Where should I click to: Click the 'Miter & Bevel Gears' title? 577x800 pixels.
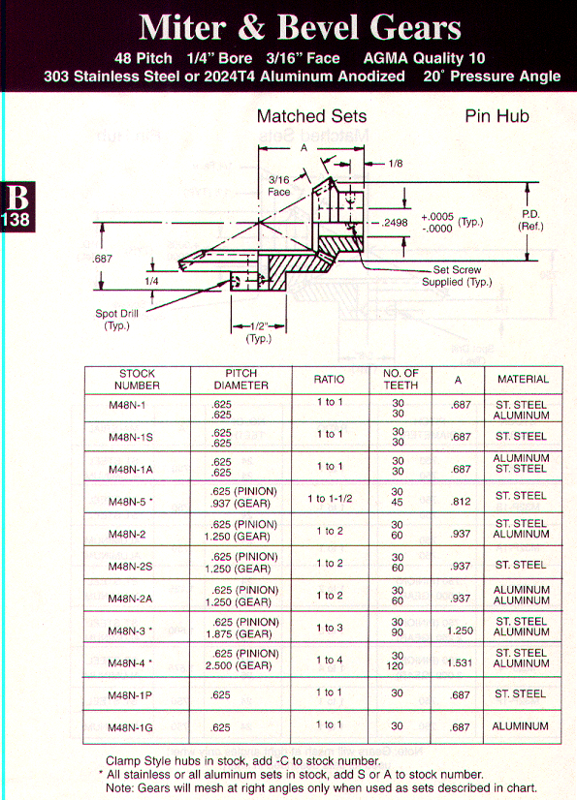click(x=300, y=27)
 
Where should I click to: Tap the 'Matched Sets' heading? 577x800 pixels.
click(x=311, y=116)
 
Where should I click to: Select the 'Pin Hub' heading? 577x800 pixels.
click(x=497, y=116)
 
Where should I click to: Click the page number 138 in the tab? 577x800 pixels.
click(x=16, y=220)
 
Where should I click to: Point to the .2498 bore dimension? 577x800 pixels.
click(x=395, y=223)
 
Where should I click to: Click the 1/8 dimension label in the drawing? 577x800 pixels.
click(x=396, y=164)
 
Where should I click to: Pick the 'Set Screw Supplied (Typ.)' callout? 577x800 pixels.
click(x=457, y=275)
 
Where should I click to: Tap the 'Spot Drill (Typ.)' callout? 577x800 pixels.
click(x=116, y=320)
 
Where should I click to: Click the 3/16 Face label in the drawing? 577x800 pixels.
click(x=279, y=186)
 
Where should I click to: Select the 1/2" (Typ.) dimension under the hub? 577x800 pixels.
click(x=259, y=332)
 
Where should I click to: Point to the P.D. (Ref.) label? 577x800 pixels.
click(x=530, y=221)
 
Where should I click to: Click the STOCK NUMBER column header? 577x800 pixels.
click(x=137, y=380)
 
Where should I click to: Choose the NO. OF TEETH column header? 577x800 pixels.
click(x=401, y=379)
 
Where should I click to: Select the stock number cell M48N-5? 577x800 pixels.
click(x=130, y=502)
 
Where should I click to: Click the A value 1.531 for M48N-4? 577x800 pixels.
click(x=460, y=662)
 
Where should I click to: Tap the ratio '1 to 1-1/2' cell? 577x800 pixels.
click(x=330, y=499)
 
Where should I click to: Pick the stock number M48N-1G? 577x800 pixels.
click(x=130, y=727)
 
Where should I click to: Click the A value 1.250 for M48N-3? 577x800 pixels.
click(x=460, y=631)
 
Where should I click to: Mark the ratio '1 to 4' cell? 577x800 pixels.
click(x=330, y=660)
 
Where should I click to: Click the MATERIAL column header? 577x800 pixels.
click(x=523, y=379)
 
